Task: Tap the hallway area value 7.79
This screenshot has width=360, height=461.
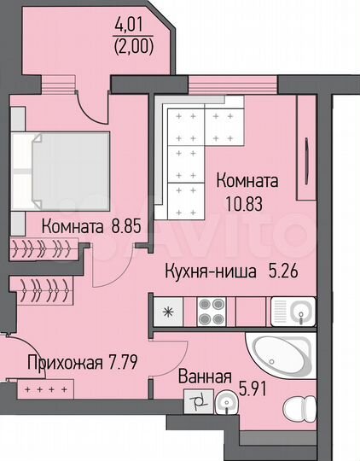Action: pos(120,360)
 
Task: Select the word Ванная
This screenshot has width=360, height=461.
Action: pos(205,376)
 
